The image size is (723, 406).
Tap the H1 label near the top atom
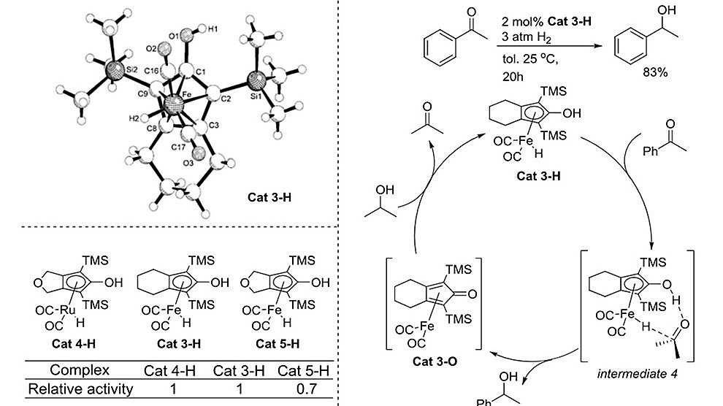213,31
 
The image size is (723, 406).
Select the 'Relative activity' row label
80,388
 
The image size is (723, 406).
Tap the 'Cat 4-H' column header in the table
173,370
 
